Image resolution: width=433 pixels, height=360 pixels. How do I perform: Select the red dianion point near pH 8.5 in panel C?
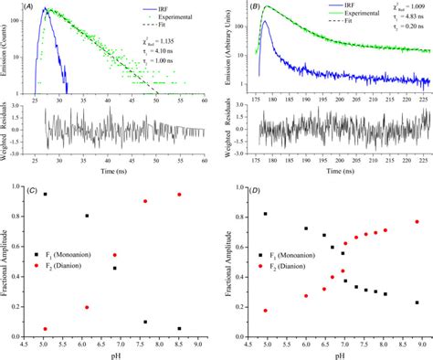[179, 195]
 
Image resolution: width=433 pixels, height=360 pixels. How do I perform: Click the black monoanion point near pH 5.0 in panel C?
[45, 195]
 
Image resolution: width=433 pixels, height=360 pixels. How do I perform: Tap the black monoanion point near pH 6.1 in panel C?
[87, 216]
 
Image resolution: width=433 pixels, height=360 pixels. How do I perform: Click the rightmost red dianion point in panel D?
[417, 222]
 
